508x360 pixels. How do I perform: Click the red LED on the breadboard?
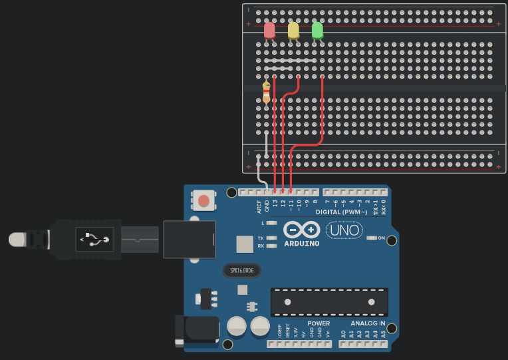pos(269,31)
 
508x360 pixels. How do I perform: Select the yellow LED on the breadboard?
pos(293,31)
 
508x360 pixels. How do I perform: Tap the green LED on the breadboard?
pos(317,31)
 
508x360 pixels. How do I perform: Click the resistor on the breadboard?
pos(267,91)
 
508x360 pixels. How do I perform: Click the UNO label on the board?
pos(344,230)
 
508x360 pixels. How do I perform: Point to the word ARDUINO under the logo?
pos(302,244)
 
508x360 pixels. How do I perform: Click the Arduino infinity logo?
pos(302,230)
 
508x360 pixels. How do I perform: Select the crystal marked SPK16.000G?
pos(241,271)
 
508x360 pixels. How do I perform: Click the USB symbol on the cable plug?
pos(94,238)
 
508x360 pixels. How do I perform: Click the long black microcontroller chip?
pos(329,302)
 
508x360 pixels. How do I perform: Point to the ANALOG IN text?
pos(368,323)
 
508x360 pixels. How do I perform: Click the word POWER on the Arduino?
pos(318,323)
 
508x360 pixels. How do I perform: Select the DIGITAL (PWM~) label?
pos(342,212)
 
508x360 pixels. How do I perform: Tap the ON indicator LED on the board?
pos(372,238)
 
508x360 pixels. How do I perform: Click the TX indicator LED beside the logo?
pos(271,238)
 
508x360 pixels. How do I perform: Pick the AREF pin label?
pos(259,207)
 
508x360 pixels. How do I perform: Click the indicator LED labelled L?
pos(271,222)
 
